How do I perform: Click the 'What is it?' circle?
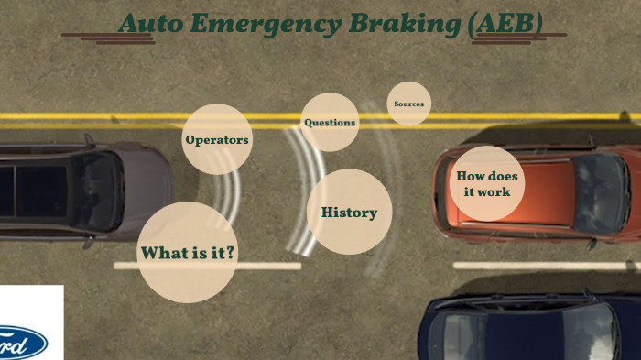(x=188, y=252)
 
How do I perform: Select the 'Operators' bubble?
(x=217, y=140)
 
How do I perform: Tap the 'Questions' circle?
(x=330, y=122)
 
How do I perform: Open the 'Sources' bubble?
(x=409, y=104)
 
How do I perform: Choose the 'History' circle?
(x=349, y=213)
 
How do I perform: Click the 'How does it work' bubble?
(x=488, y=183)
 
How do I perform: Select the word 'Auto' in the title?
(x=150, y=25)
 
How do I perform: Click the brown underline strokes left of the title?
(x=95, y=38)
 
